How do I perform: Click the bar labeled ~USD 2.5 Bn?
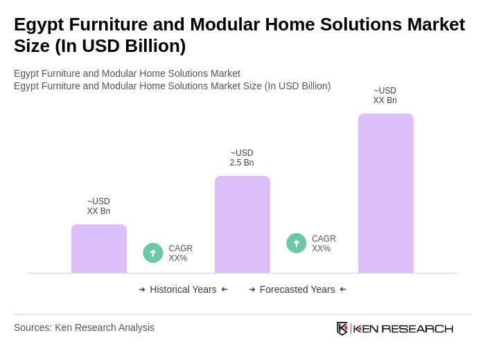(242, 224)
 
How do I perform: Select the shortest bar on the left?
(99, 249)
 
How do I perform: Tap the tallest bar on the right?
(385, 193)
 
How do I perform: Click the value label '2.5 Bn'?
(242, 163)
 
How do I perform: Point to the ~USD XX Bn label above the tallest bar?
(385, 96)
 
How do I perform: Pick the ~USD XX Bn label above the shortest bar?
(98, 206)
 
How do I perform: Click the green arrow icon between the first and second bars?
(153, 253)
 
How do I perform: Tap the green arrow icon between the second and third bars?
(297, 243)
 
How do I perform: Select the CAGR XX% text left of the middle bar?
(180, 253)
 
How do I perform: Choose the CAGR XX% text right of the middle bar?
(324, 244)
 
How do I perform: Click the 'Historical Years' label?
(183, 289)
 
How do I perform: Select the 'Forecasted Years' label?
(297, 289)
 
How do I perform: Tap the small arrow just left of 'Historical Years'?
(142, 289)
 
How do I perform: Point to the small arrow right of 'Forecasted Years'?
(343, 289)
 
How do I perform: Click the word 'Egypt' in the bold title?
(38, 24)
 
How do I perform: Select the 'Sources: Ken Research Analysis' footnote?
(84, 327)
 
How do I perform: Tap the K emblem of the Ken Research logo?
(342, 328)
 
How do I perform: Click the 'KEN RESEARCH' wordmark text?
(403, 328)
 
